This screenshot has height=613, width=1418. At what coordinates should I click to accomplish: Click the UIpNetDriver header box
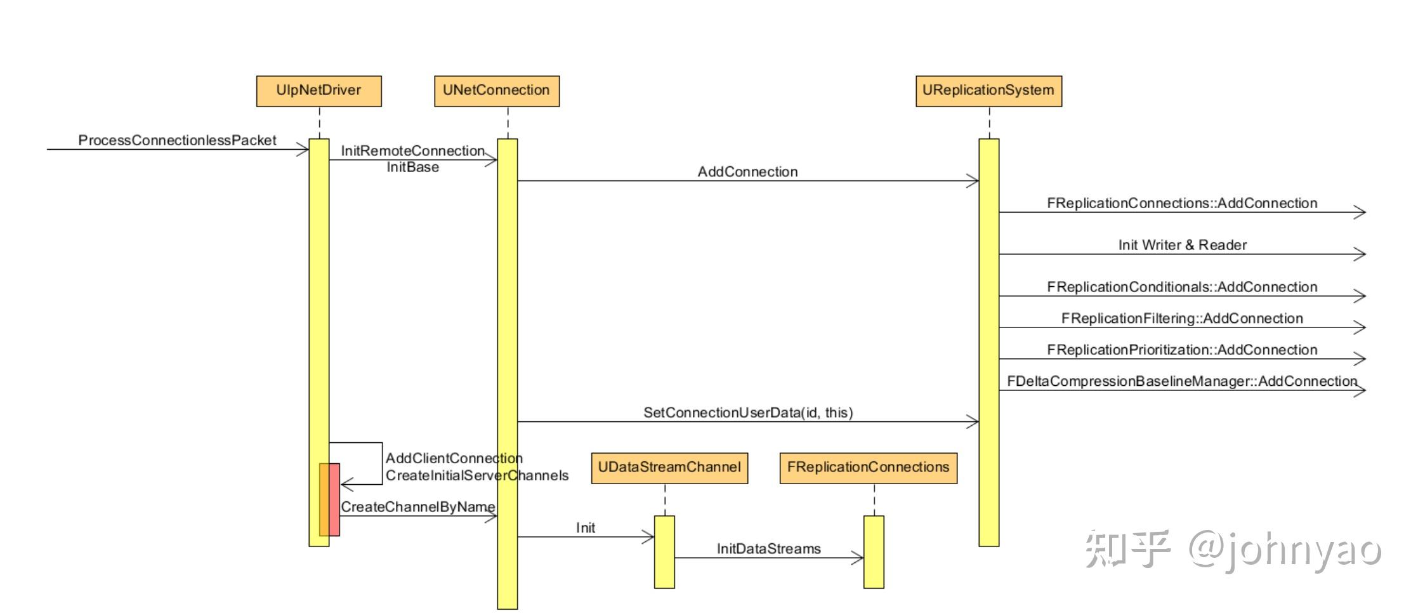(318, 91)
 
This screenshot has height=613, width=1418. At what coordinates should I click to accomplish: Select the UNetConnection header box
(496, 91)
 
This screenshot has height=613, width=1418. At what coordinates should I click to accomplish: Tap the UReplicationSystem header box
(988, 91)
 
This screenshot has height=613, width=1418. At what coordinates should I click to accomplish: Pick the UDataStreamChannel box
(669, 468)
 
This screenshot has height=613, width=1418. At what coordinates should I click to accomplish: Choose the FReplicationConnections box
(867, 468)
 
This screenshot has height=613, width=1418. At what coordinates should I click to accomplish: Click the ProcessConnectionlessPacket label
(177, 140)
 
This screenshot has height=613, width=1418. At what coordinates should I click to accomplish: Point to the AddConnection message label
(747, 172)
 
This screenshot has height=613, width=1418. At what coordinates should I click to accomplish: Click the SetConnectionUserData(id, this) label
(747, 412)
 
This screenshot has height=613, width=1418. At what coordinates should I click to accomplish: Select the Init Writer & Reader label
(1182, 245)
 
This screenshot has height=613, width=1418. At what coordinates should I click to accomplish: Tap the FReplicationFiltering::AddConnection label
(1182, 319)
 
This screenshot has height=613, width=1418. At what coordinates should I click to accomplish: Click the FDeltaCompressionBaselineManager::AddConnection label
(1182, 381)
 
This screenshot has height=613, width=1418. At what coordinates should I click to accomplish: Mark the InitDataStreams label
(768, 549)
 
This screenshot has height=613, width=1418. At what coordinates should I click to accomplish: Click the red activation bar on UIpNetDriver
(334, 499)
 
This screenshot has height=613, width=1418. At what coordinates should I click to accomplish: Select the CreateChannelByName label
(417, 507)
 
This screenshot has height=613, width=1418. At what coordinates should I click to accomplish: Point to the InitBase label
(412, 168)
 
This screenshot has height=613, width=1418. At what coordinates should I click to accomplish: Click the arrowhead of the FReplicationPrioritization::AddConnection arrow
(1359, 359)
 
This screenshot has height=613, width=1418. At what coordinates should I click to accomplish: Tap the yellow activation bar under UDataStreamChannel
(664, 551)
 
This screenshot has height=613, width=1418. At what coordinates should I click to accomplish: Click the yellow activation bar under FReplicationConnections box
(874, 551)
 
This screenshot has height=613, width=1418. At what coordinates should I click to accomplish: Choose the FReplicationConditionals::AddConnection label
(1182, 287)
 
